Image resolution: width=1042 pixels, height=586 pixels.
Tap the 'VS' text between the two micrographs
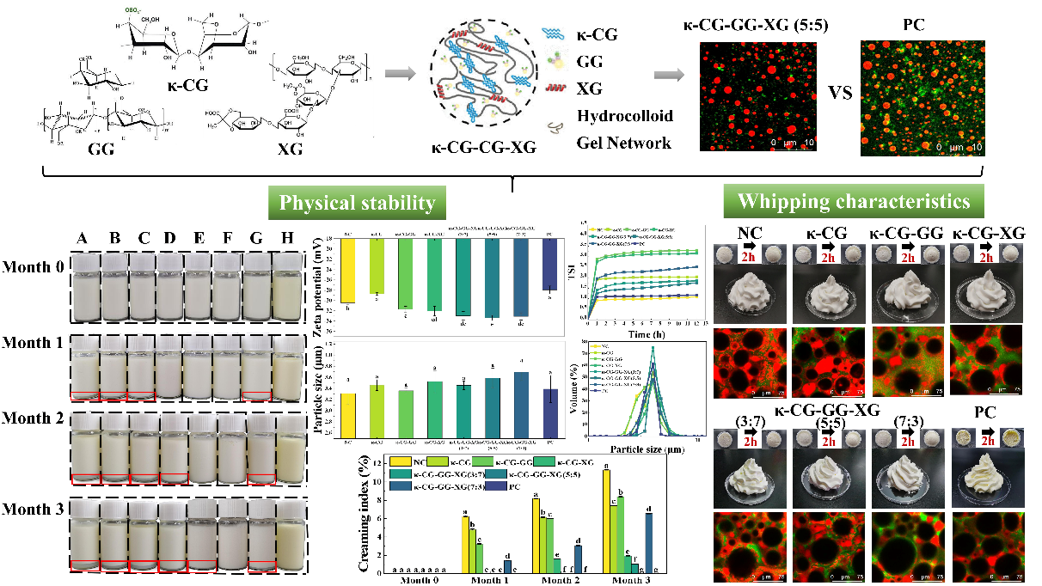click(x=833, y=92)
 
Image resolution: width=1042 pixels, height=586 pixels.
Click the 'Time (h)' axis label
click(x=647, y=333)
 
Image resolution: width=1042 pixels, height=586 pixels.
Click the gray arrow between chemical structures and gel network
click(x=395, y=73)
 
